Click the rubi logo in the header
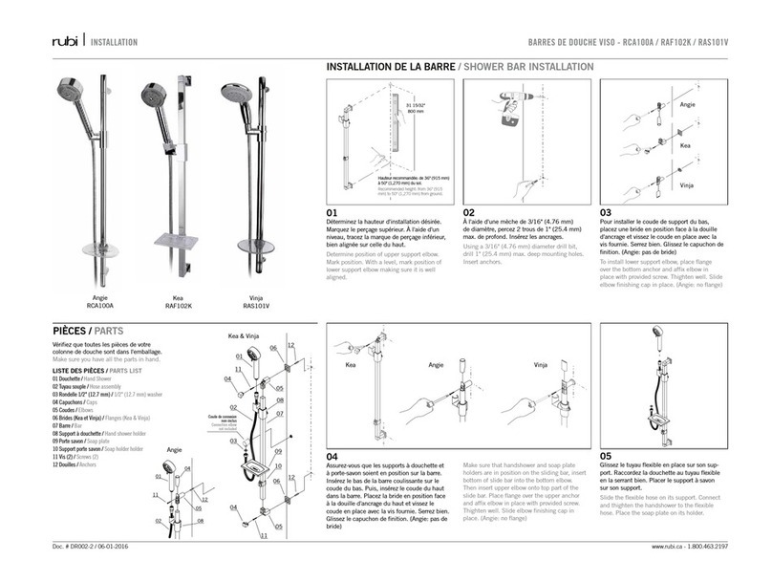66,42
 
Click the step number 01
333,213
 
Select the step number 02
470,213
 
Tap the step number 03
606,213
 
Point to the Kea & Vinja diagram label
245,336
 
